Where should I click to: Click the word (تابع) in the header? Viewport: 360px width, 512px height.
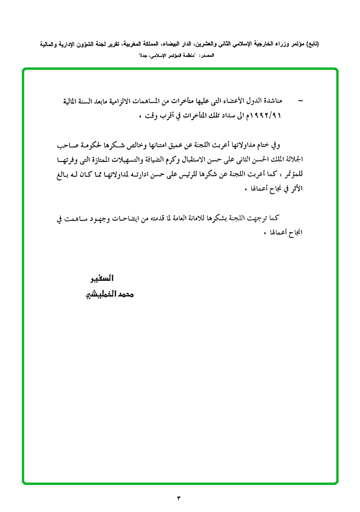tap(312, 44)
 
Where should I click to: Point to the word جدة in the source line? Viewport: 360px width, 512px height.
tap(143, 56)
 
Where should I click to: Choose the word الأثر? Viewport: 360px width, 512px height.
tap(295, 189)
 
